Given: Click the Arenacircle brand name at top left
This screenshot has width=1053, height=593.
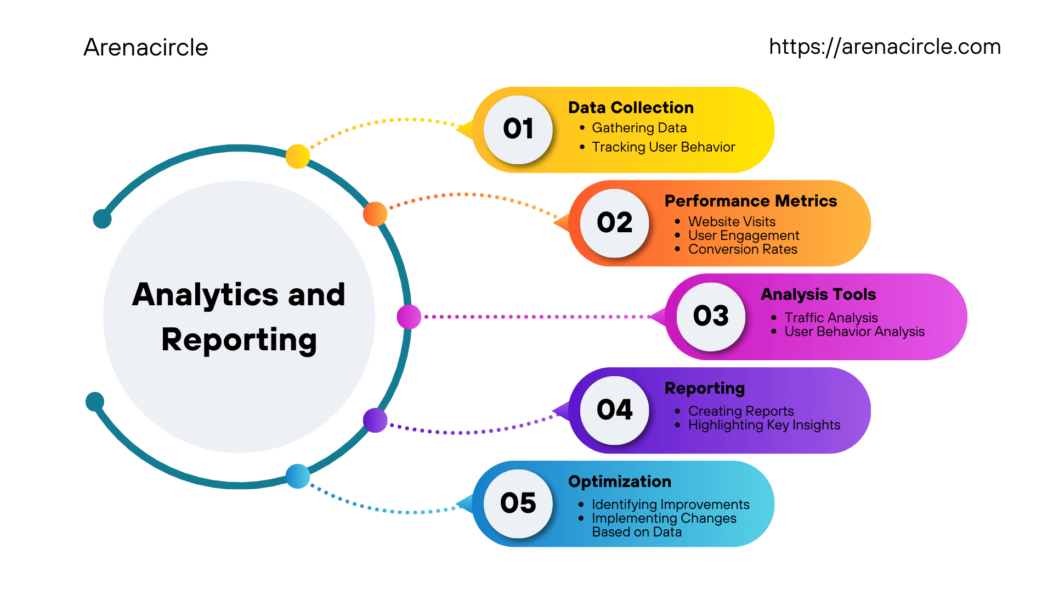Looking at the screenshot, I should pyautogui.click(x=145, y=47).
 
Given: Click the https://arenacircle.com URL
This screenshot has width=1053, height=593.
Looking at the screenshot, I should pyautogui.click(x=885, y=47).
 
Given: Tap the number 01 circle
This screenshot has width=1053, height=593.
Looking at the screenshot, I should pyautogui.click(x=518, y=130).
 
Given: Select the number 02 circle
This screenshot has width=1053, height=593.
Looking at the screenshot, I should pyautogui.click(x=614, y=223).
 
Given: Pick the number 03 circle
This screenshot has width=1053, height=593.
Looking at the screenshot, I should pyautogui.click(x=711, y=316).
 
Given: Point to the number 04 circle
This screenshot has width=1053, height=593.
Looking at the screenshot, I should pyautogui.click(x=614, y=410).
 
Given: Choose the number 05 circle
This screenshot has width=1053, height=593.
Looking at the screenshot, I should pyautogui.click(x=518, y=504).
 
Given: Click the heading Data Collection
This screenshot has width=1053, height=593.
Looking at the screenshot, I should pyautogui.click(x=631, y=108).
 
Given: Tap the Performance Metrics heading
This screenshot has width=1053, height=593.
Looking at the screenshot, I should pyautogui.click(x=750, y=201).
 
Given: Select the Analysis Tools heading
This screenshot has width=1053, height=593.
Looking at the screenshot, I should pyautogui.click(x=818, y=294).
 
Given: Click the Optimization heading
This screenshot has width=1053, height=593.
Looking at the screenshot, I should pyautogui.click(x=620, y=482).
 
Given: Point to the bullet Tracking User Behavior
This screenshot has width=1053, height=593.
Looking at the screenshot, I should pyautogui.click(x=663, y=147).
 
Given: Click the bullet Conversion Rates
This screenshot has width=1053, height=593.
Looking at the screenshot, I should pyautogui.click(x=743, y=249).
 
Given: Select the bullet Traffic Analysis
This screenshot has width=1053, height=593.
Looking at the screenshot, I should pyautogui.click(x=831, y=318).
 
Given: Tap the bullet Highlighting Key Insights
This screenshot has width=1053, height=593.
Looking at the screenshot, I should pyautogui.click(x=764, y=425).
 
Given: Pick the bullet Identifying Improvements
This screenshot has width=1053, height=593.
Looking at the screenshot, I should pyautogui.click(x=670, y=505).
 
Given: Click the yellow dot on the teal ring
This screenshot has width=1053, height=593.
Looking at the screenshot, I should pyautogui.click(x=298, y=156).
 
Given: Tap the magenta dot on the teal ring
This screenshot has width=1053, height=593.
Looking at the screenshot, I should pyautogui.click(x=409, y=317).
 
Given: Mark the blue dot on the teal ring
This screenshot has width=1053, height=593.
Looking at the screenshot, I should pyautogui.click(x=298, y=476).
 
